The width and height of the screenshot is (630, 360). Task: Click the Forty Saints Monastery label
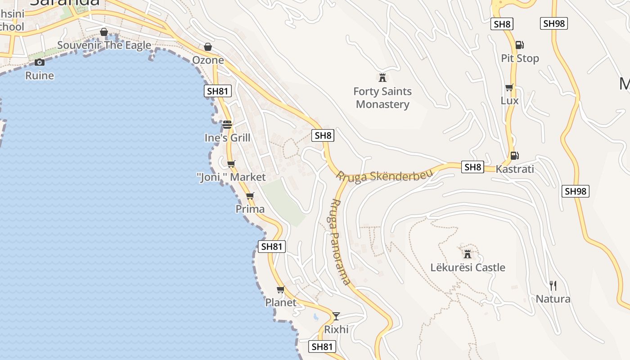382,98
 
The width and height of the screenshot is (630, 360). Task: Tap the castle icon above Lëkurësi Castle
468,254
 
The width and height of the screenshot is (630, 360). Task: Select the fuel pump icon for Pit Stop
519,45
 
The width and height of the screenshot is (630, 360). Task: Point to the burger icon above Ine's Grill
227,125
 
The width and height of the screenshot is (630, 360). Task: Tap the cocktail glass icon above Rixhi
336,316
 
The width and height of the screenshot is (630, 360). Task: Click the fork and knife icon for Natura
553,285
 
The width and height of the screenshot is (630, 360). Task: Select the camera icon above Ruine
40,62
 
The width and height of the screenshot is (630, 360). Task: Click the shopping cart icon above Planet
281,289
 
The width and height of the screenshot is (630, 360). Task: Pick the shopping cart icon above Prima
250,196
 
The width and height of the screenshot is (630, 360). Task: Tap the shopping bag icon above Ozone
208,47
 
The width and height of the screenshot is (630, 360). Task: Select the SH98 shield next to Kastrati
576,191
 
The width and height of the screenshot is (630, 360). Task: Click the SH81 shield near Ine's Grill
218,91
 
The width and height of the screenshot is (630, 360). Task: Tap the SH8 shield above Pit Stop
502,24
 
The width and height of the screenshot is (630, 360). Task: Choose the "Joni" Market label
232,177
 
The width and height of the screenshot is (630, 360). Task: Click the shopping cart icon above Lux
509,87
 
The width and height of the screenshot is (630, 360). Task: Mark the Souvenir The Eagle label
104,45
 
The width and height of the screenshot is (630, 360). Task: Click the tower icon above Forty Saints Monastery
382,77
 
